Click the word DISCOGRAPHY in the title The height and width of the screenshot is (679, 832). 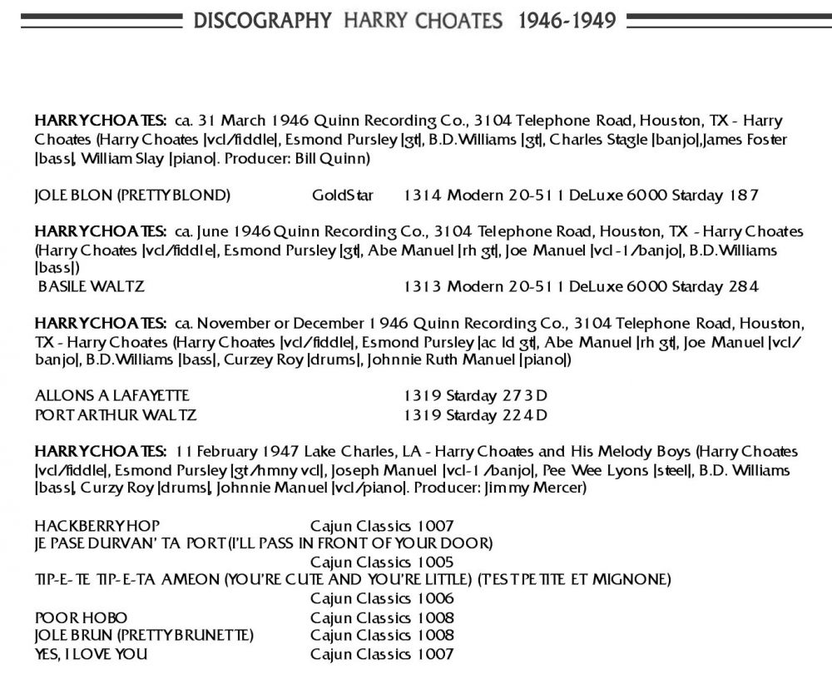coord(263,20)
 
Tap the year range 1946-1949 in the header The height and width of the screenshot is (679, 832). coord(567,20)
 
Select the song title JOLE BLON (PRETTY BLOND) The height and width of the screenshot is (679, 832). coord(132,196)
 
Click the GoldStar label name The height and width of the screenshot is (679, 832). coord(343,196)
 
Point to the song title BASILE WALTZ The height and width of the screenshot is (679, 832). coord(92,287)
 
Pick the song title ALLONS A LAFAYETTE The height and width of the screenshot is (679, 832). coord(112,395)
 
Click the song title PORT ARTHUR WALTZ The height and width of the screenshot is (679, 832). coord(116,414)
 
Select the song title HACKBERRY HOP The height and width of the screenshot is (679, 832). coord(97,525)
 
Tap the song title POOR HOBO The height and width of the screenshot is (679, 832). coord(82,617)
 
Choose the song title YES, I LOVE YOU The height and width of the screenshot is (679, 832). coord(92,654)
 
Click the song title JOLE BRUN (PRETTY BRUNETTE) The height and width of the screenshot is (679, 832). coord(144,636)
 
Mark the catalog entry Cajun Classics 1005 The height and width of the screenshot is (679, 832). coord(382,562)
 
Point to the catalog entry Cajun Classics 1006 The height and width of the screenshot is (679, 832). coord(382,598)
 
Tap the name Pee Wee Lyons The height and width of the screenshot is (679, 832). coord(587,470)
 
